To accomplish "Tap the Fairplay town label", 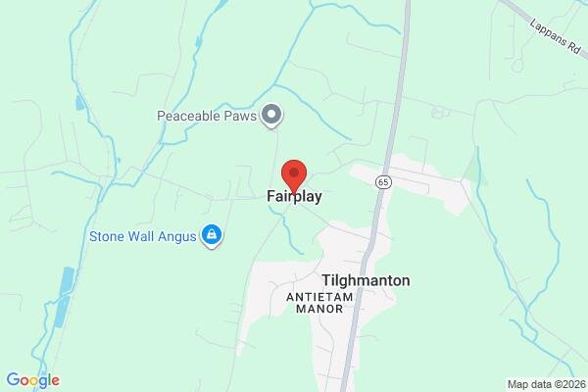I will (294, 196).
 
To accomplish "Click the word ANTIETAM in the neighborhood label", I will (315, 296).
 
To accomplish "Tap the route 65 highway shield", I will (382, 182).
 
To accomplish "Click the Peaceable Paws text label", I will (207, 116).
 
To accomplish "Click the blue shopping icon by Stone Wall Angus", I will (210, 235).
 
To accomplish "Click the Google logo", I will (32, 380).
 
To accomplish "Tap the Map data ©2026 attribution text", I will (546, 384).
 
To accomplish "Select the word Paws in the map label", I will (239, 116).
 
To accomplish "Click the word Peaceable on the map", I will (189, 116).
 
